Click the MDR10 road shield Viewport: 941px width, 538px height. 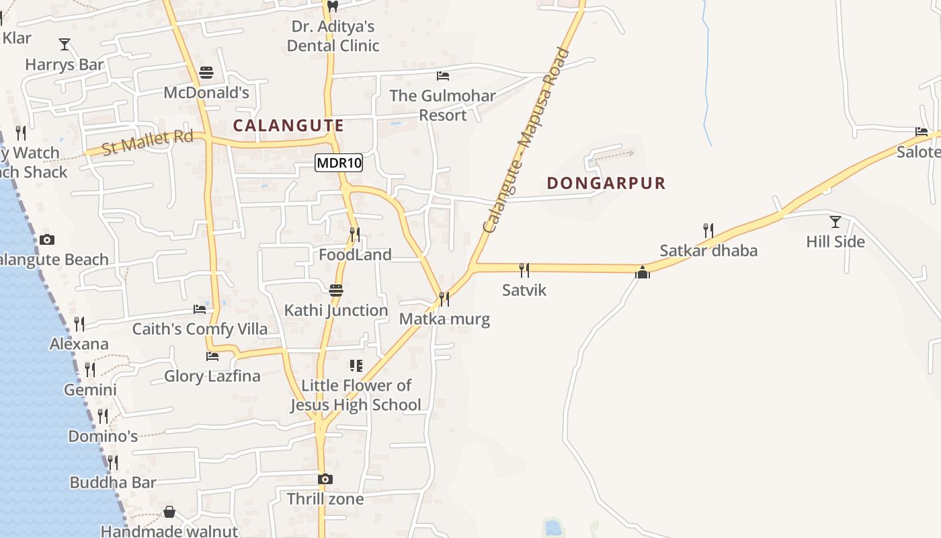click(339, 163)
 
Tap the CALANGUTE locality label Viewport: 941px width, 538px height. click(288, 125)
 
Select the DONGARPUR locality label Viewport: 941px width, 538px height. click(606, 183)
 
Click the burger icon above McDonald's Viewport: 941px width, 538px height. click(206, 73)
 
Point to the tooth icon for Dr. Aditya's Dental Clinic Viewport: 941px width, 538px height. click(332, 7)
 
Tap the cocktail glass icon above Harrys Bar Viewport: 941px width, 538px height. click(65, 45)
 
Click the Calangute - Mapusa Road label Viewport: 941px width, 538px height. click(526, 141)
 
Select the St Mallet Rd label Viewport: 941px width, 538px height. click(147, 142)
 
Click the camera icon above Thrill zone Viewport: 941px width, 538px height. click(325, 479)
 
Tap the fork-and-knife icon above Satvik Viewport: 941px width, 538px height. click(524, 270)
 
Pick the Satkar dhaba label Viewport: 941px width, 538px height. click(708, 251)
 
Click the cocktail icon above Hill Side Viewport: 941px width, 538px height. click(835, 221)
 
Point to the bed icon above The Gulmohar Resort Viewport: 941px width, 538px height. click(442, 76)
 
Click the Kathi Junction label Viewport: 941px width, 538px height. click(335, 310)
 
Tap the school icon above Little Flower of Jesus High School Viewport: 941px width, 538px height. click(356, 366)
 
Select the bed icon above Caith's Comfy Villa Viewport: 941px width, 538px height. click(200, 309)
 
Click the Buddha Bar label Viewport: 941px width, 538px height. click(113, 482)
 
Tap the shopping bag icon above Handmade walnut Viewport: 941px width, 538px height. click(169, 512)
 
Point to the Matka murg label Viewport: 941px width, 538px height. click(444, 319)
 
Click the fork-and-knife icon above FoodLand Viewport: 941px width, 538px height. click(355, 235)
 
